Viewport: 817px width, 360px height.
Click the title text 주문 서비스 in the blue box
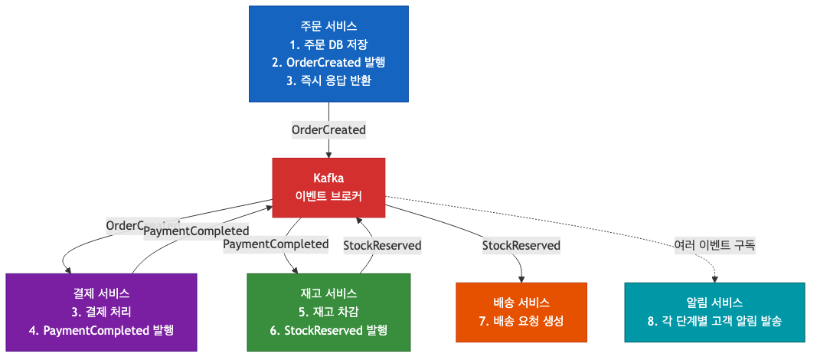(x=328, y=26)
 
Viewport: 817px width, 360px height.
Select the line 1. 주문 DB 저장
(x=328, y=44)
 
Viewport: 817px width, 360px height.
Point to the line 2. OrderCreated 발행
(x=328, y=63)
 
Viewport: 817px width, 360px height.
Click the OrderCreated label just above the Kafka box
(x=328, y=130)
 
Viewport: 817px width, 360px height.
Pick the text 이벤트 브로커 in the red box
(x=328, y=196)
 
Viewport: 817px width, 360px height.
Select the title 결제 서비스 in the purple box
(x=101, y=293)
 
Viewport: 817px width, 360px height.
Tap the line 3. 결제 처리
(x=101, y=312)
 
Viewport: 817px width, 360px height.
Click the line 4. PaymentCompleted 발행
(x=101, y=331)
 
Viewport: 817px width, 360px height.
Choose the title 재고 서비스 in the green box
(x=328, y=293)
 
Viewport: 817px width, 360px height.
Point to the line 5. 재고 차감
(x=328, y=312)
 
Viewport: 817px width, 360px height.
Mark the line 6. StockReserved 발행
(x=328, y=331)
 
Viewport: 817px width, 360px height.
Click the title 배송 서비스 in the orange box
(x=521, y=303)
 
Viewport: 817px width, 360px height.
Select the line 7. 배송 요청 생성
(x=521, y=321)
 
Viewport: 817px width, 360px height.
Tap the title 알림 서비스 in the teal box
(x=714, y=303)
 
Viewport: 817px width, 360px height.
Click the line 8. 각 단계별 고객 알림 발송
(x=714, y=321)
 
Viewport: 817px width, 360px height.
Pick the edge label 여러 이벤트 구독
(x=714, y=246)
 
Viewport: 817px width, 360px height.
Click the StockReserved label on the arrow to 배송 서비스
(x=521, y=246)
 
